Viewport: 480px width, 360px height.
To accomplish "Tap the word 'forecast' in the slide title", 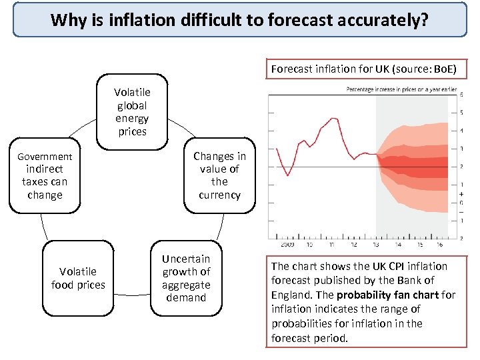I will coord(296,20).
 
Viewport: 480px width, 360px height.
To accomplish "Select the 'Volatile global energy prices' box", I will coord(132,112).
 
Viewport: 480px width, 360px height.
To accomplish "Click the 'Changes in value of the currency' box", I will coord(219,175).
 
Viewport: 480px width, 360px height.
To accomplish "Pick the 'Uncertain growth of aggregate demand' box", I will coord(186,278).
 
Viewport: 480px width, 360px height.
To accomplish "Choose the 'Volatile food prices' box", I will coord(78,278).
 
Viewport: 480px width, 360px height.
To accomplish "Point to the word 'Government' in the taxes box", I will coord(45,157).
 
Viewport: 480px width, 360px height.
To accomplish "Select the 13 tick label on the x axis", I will coord(377,245).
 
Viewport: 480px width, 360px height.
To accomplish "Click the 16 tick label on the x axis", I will coord(439,245).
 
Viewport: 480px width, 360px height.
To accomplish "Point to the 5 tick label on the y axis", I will coord(462,112).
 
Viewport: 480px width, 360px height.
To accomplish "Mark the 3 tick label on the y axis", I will coord(462,148).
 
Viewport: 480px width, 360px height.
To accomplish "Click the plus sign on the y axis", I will coord(462,193).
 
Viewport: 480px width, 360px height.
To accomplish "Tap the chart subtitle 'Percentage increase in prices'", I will coord(400,89).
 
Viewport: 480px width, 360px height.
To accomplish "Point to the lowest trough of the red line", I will coord(288,175).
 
